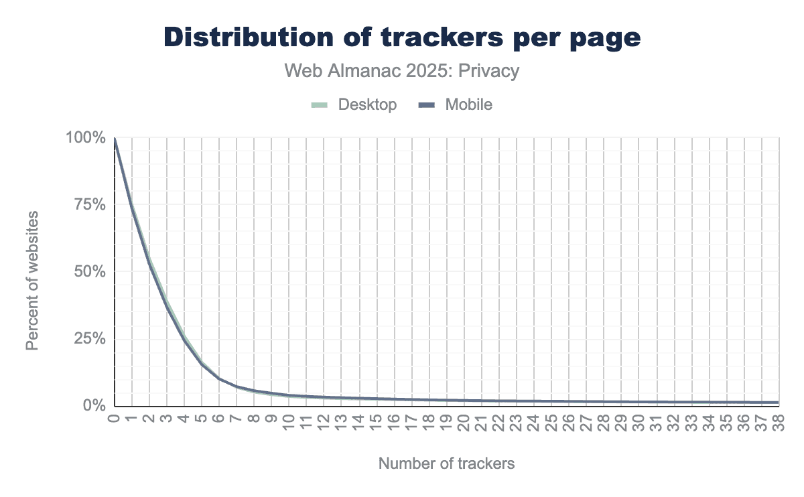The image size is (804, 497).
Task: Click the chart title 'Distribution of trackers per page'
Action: click(402, 38)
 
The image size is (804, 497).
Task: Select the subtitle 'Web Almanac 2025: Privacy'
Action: click(402, 71)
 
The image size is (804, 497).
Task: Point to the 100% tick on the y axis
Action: click(86, 138)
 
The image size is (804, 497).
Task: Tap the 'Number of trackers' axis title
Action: click(447, 464)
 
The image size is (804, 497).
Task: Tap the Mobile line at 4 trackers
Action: click(185, 341)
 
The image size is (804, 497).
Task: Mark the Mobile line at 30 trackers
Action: click(639, 402)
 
